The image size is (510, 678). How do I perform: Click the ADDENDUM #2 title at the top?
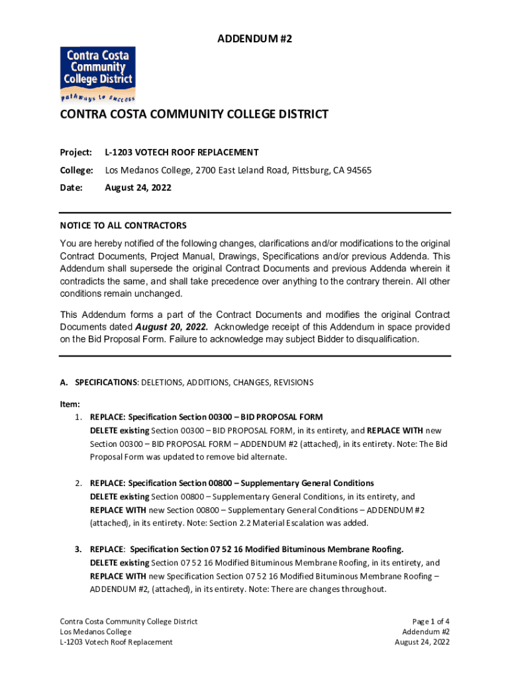255,40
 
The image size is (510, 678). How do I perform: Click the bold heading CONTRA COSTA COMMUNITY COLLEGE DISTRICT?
194,115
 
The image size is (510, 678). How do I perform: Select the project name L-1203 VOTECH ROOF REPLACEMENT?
181,152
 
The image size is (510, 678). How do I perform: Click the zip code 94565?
358,170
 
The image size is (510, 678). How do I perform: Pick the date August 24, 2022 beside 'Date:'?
138,188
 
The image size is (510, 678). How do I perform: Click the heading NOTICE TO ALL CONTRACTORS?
123,226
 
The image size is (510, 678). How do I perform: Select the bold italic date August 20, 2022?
172,327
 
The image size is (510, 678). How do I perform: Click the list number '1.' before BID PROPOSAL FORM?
78,417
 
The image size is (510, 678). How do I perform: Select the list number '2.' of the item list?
78,483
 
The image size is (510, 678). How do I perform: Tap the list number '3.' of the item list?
78,550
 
